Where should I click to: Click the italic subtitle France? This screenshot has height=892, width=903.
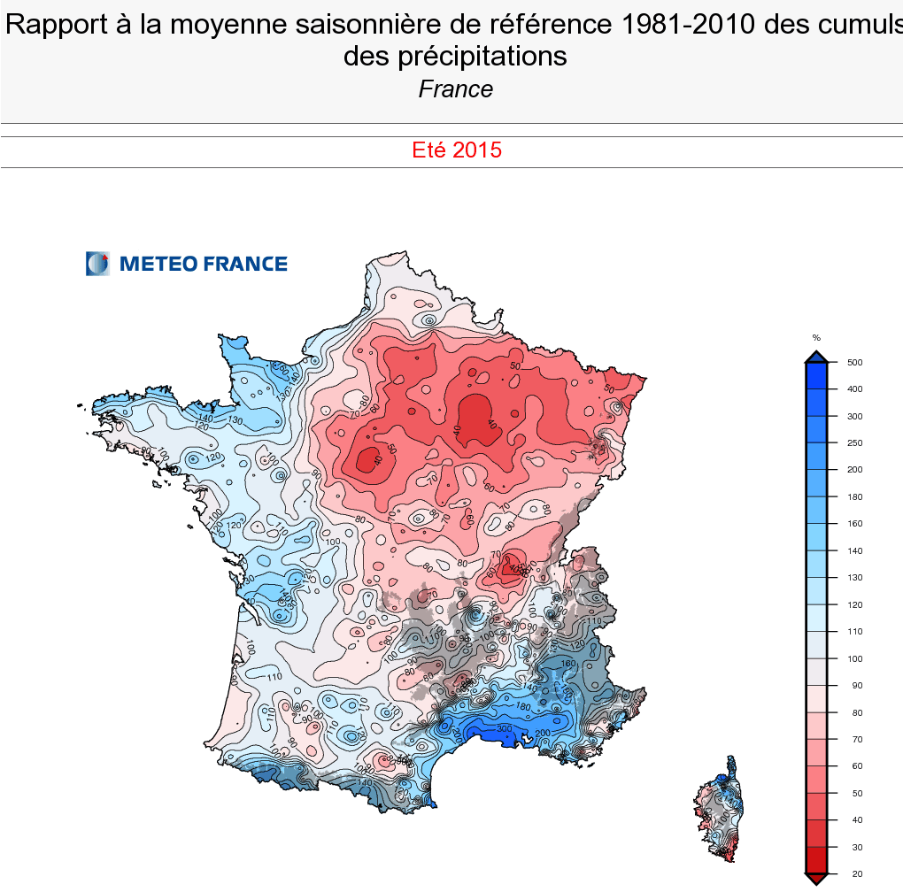(455, 89)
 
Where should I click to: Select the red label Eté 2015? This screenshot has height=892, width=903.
(457, 150)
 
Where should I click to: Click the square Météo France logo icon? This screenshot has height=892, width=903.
(97, 264)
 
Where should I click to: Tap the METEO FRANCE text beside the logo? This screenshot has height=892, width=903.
(203, 264)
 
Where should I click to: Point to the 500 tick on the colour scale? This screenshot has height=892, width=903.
(854, 363)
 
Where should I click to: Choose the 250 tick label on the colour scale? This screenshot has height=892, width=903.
(854, 443)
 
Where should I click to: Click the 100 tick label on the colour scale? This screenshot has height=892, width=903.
(854, 659)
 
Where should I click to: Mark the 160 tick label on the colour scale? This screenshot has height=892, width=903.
(854, 524)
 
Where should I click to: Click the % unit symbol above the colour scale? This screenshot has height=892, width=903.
(816, 338)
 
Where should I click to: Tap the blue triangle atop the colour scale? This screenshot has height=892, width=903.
(816, 357)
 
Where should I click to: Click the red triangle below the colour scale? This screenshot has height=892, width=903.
(816, 879)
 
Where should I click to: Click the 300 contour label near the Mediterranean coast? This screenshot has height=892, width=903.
(505, 728)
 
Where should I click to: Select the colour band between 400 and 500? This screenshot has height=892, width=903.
(816, 376)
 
